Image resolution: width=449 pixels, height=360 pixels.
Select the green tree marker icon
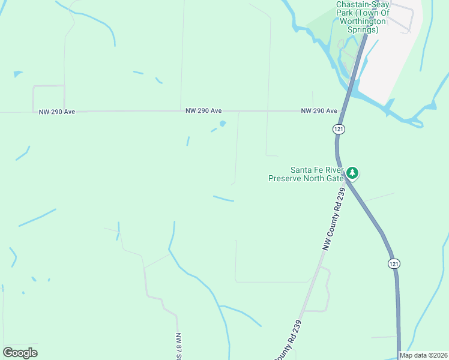(352, 173)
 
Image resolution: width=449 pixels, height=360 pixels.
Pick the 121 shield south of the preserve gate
(393, 263)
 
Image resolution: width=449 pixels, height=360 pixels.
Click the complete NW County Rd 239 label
(334, 218)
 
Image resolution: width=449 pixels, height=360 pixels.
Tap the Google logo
(20, 353)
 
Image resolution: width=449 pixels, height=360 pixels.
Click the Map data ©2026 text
(423, 355)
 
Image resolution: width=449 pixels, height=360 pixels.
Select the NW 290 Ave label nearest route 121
(319, 111)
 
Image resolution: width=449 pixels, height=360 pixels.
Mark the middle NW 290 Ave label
(203, 111)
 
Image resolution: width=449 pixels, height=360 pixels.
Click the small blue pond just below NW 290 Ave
(223, 124)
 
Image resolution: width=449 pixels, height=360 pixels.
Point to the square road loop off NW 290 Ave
(49, 98)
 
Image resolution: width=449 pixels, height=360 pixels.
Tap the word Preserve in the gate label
(289, 178)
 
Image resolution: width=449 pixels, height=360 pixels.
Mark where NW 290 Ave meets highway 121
(343, 111)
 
